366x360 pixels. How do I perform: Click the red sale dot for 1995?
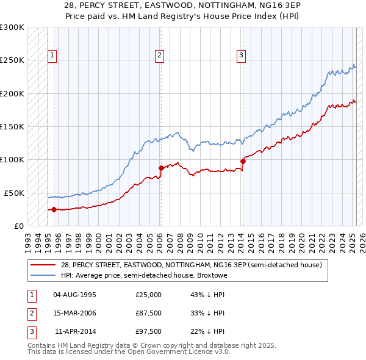pyautogui.click(x=54, y=209)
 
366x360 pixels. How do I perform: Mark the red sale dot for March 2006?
pyautogui.click(x=161, y=168)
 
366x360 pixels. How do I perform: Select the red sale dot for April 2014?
pyautogui.click(x=243, y=161)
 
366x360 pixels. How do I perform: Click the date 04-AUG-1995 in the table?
pyautogui.click(x=75, y=295)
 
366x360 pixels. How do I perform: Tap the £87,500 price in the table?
pyautogui.click(x=149, y=313)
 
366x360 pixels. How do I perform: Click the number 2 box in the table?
pyautogui.click(x=31, y=313)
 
